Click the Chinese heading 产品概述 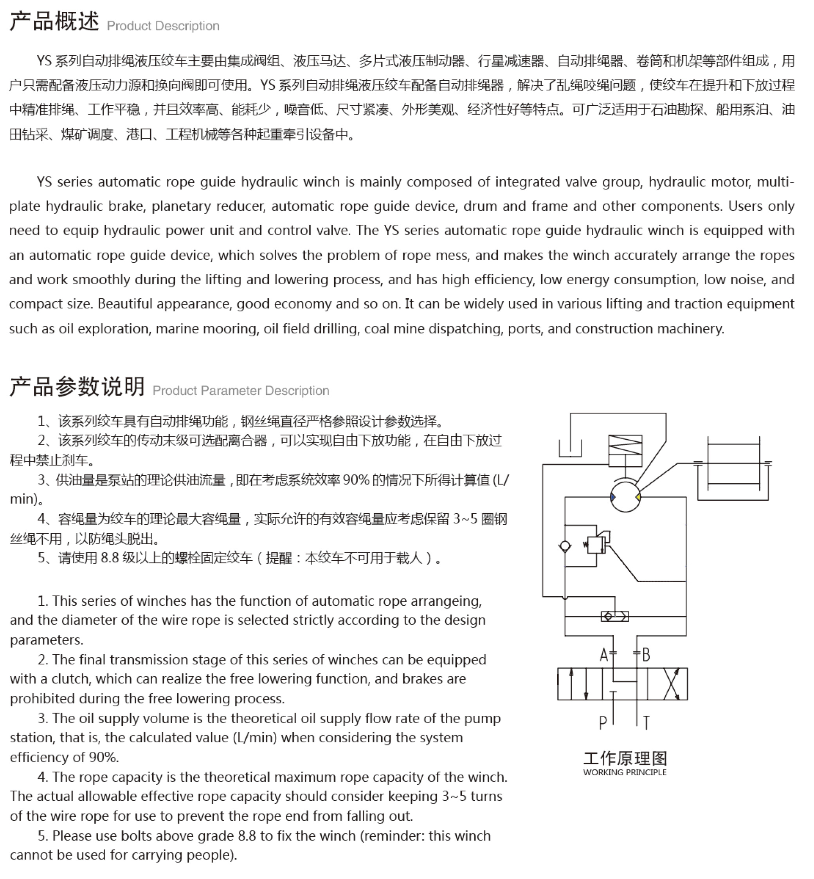pos(54,22)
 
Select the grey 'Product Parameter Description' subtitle pos(241,391)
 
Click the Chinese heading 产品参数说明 pos(77,387)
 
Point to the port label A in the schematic pos(604,655)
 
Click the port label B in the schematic pos(646,655)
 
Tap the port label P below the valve pos(603,723)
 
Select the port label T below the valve pos(646,723)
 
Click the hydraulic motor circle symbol pos(625,496)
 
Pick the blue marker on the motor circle pos(613,497)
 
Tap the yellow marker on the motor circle pos(638,497)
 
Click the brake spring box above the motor pos(625,451)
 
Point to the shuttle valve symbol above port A pos(615,616)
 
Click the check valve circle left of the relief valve pos(565,546)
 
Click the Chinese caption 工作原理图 pos(625,759)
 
